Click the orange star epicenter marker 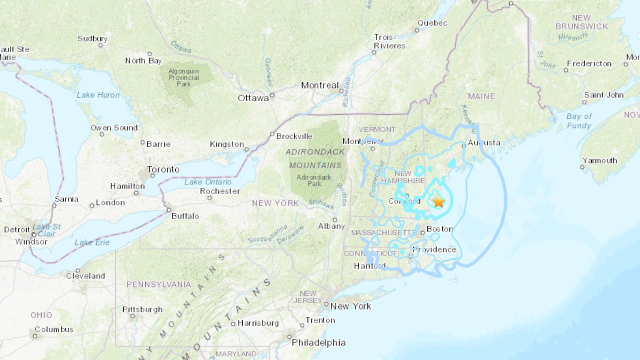coord(439,202)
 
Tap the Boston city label coord(439,229)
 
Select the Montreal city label coord(320,85)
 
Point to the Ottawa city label coord(253,98)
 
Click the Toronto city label coord(164,169)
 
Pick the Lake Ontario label coord(208,182)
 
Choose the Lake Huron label coord(98,95)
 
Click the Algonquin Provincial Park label coord(184,77)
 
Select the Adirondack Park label coord(314,180)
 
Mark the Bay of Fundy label coord(579,121)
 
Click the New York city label coord(351,306)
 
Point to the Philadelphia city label coord(319,343)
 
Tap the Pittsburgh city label coord(142,309)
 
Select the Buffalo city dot coord(169,210)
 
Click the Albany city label coord(331,226)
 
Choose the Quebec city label coord(432,23)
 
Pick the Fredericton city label coord(589,64)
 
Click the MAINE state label coord(481,96)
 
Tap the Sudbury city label coord(92,39)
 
